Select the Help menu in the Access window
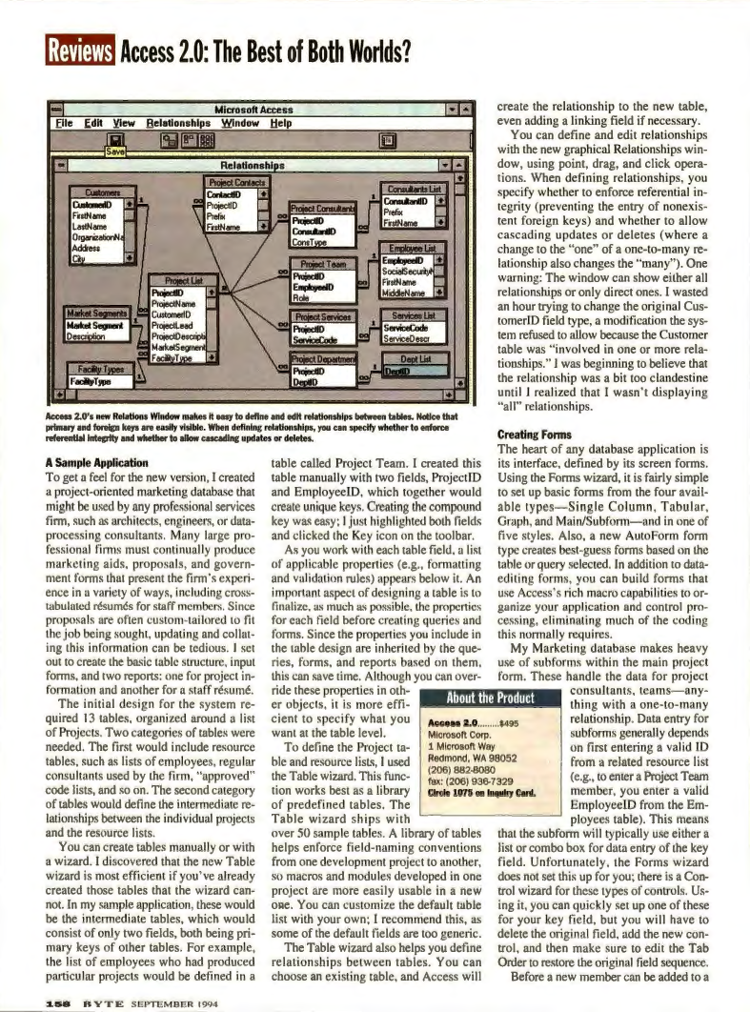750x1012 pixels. (281, 124)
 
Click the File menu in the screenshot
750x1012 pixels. (65, 124)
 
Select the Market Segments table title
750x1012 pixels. (99, 314)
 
